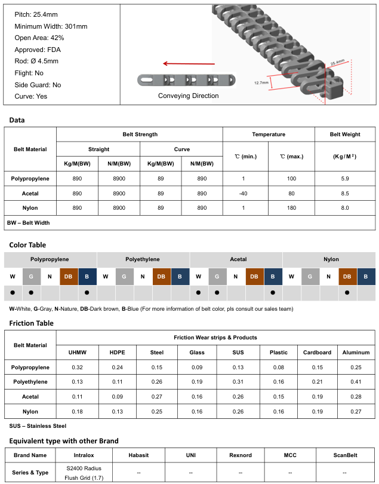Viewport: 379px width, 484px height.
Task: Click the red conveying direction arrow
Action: [189, 63]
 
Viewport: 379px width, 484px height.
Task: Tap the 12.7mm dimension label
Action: [261, 82]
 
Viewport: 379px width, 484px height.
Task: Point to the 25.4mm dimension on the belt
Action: [337, 62]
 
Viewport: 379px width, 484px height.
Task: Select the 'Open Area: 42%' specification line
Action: [39, 38]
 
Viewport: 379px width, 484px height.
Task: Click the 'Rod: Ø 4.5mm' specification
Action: [36, 61]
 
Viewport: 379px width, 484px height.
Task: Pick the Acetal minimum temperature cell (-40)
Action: [244, 194]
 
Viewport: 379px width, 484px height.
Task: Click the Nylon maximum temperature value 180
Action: [291, 208]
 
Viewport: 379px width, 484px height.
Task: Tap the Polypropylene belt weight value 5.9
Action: [345, 179]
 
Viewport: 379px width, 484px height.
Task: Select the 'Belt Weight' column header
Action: [345, 134]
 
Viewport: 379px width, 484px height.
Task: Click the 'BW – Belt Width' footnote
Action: [29, 223]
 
